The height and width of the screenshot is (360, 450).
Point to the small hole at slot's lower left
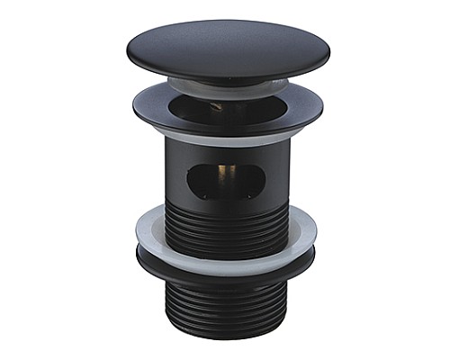202,195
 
